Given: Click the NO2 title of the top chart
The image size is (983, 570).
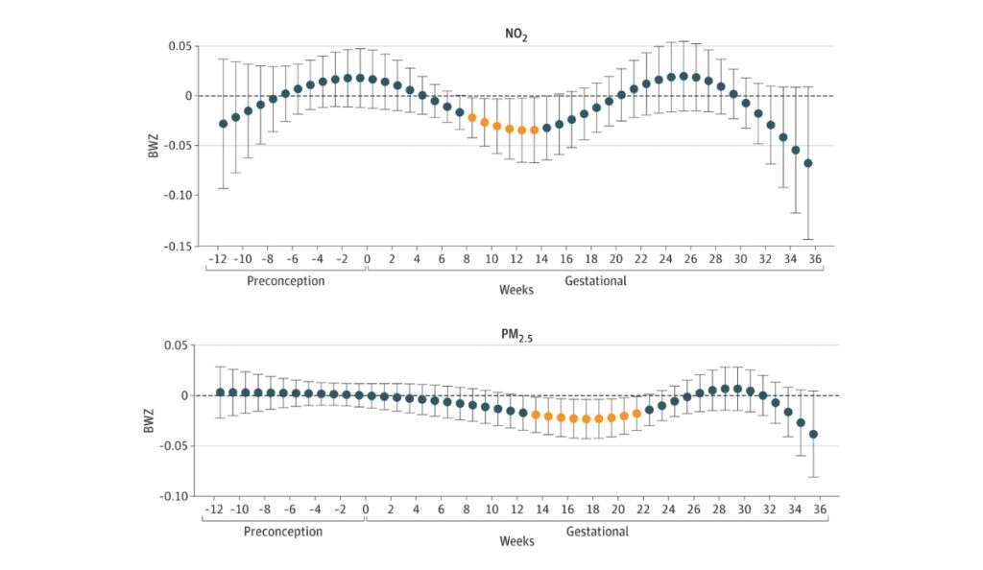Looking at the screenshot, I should (x=517, y=35).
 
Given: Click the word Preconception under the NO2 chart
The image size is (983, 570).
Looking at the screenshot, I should (x=285, y=281).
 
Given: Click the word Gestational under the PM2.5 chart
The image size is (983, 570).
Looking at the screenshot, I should (x=596, y=532).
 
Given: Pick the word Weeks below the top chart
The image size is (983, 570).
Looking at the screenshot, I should (x=516, y=289).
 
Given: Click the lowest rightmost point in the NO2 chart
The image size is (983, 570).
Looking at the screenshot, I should (x=808, y=163).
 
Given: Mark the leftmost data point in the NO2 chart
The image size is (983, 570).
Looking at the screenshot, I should (x=224, y=124).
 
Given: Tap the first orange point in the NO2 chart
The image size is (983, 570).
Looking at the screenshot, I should (x=472, y=118).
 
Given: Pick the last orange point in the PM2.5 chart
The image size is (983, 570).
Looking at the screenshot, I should (x=636, y=414).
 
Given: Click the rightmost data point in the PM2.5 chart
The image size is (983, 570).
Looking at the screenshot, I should (x=813, y=434).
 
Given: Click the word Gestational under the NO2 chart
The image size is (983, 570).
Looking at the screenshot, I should (x=596, y=281).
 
